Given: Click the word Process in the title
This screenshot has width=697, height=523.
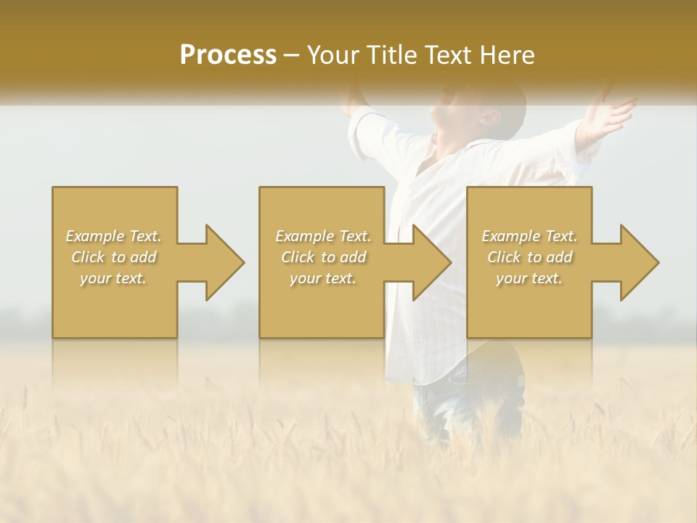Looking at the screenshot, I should [x=228, y=55].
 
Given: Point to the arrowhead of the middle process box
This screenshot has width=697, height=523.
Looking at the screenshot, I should [x=431, y=262].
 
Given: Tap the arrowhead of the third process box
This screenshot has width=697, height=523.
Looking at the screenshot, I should [x=639, y=262].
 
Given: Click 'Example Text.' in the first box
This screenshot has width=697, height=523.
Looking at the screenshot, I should [x=114, y=236].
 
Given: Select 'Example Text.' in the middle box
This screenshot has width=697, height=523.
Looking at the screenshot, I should [x=322, y=236].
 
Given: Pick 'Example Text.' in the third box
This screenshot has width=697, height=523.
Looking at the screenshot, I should [x=529, y=236].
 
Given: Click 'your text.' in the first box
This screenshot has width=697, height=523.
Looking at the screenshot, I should [x=114, y=278].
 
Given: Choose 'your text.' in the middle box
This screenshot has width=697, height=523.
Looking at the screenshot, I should [x=322, y=278].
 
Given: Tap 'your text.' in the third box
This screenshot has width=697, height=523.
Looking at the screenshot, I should [x=529, y=278].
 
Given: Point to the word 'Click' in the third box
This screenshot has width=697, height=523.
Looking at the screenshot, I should [x=505, y=257].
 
